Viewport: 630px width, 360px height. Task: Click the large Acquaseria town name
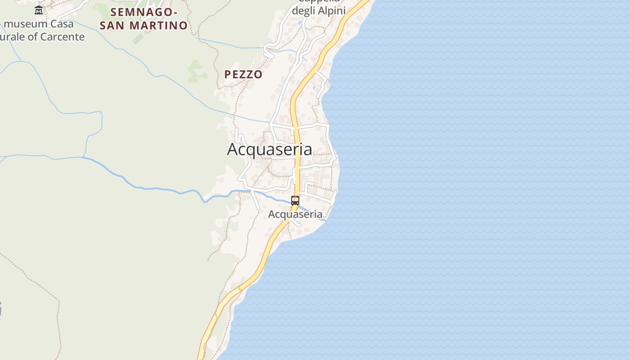point(269,149)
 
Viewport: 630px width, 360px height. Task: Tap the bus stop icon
point(295,201)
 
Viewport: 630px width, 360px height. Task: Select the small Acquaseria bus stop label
point(295,214)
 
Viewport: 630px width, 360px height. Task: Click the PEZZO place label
point(243,75)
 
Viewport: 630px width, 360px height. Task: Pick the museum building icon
point(39,10)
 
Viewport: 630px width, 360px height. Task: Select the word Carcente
point(63,37)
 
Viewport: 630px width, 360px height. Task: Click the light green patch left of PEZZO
point(195,71)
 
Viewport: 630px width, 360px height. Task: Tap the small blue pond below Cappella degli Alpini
point(299,22)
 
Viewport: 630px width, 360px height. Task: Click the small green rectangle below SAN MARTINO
point(138,38)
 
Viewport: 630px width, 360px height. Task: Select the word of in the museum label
point(33,37)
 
